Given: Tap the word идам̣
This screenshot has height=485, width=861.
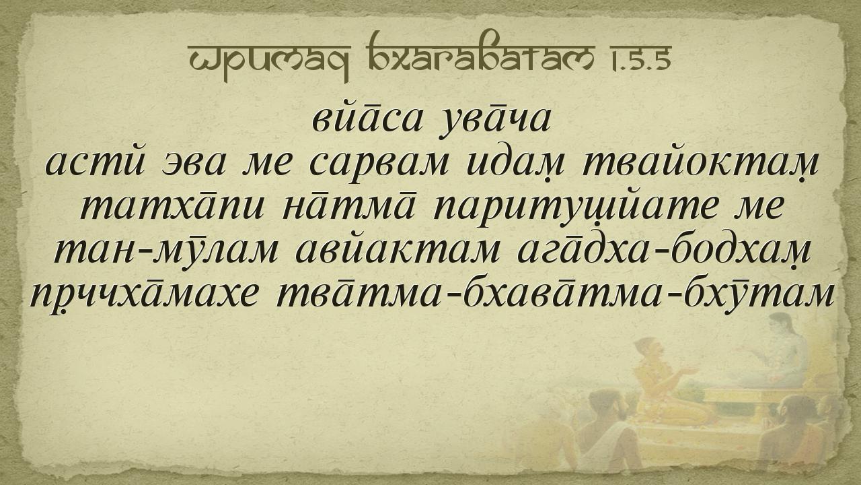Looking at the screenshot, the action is (516, 164).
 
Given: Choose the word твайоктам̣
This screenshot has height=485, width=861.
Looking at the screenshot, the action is (700, 164).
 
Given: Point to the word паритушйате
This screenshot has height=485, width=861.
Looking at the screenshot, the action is (576, 208).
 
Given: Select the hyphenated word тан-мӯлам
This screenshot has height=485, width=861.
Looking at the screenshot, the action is (165, 251).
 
